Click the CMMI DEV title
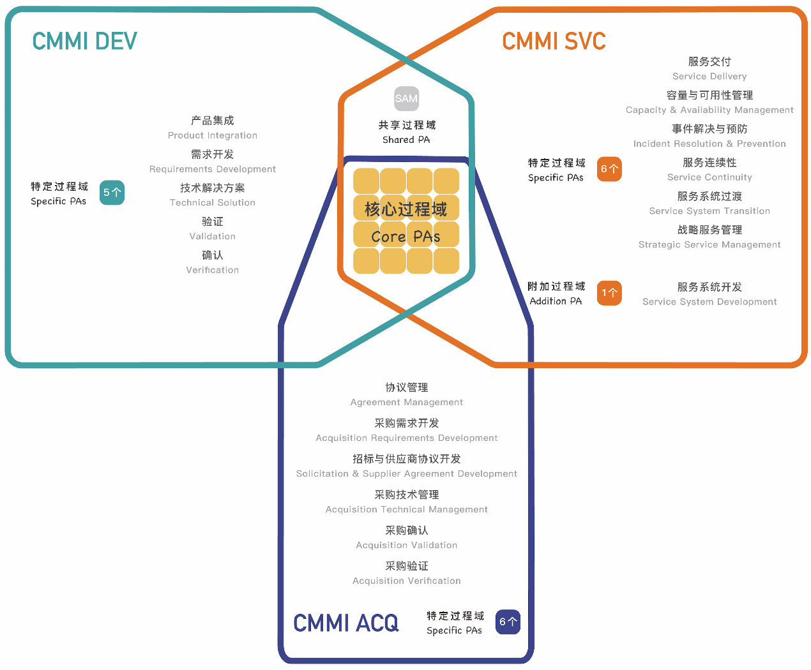85,41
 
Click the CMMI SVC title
554,41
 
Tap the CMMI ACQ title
345,623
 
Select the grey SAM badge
406,99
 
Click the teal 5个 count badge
112,193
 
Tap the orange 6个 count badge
609,169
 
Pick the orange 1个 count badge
609,293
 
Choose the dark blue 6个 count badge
508,622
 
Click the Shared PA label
406,140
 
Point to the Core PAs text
406,236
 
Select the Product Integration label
213,135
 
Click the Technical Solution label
213,203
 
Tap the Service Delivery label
709,77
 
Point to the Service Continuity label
709,177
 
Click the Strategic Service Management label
709,244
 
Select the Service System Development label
709,302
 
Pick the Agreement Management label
407,402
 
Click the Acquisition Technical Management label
407,509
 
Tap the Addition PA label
556,301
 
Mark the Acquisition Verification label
407,581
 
